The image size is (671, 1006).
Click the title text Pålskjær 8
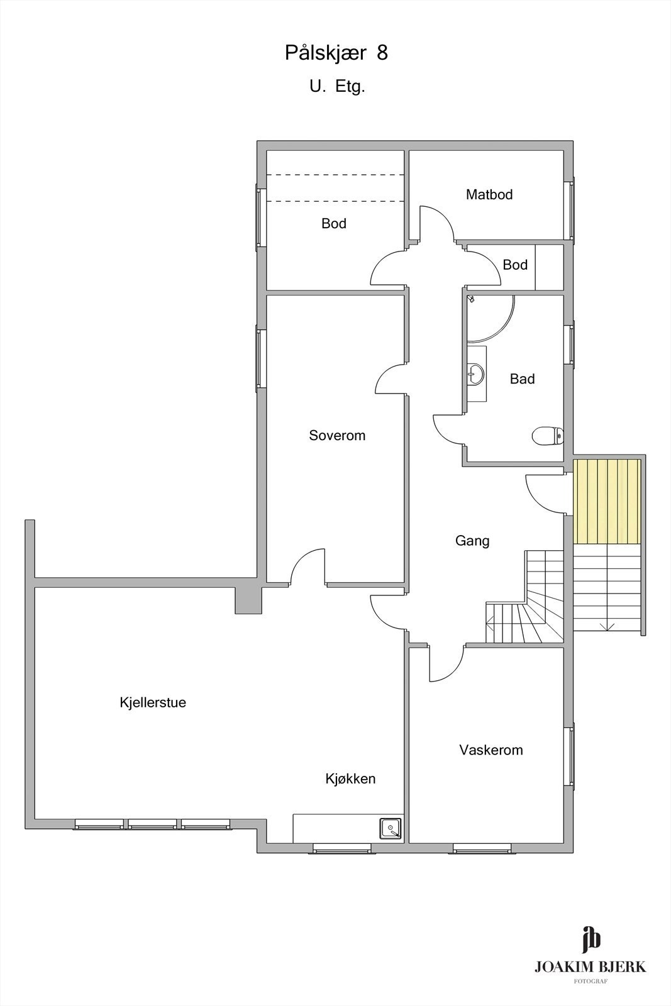tap(336, 53)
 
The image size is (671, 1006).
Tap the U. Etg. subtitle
tap(336, 87)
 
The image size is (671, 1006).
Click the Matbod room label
tap(489, 195)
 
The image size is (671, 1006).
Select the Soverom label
tap(337, 436)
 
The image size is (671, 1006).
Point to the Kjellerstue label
tap(153, 702)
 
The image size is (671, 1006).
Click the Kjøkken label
tap(350, 779)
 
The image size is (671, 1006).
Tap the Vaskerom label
tap(491, 750)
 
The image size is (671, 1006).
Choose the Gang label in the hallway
tap(472, 541)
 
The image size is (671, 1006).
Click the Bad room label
tap(522, 379)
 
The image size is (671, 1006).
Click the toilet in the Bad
tap(547, 435)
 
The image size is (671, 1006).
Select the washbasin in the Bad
tap(475, 373)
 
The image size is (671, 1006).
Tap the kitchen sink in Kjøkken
tap(391, 828)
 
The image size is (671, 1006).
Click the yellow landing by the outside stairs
tap(607, 501)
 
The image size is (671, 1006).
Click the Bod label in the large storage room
tap(334, 224)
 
